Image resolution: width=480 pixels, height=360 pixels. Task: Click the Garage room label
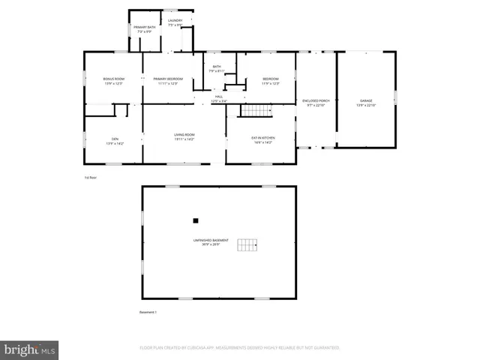pyautogui.click(x=365, y=101)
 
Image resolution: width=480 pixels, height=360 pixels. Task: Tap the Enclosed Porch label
pyautogui.click(x=316, y=101)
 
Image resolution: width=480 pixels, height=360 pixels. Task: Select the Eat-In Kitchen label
pyautogui.click(x=262, y=138)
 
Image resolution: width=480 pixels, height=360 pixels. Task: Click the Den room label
pyautogui.click(x=114, y=138)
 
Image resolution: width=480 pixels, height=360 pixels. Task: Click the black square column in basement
pyautogui.click(x=196, y=220)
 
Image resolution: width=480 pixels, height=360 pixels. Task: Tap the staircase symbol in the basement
pyautogui.click(x=247, y=245)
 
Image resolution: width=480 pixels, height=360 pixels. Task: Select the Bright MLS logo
pyautogui.click(x=30, y=349)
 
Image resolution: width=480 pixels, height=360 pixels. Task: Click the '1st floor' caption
pyautogui.click(x=91, y=177)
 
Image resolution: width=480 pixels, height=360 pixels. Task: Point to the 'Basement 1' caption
pyautogui.click(x=148, y=312)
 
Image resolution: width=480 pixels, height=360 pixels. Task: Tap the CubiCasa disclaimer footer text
pyautogui.click(x=240, y=348)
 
